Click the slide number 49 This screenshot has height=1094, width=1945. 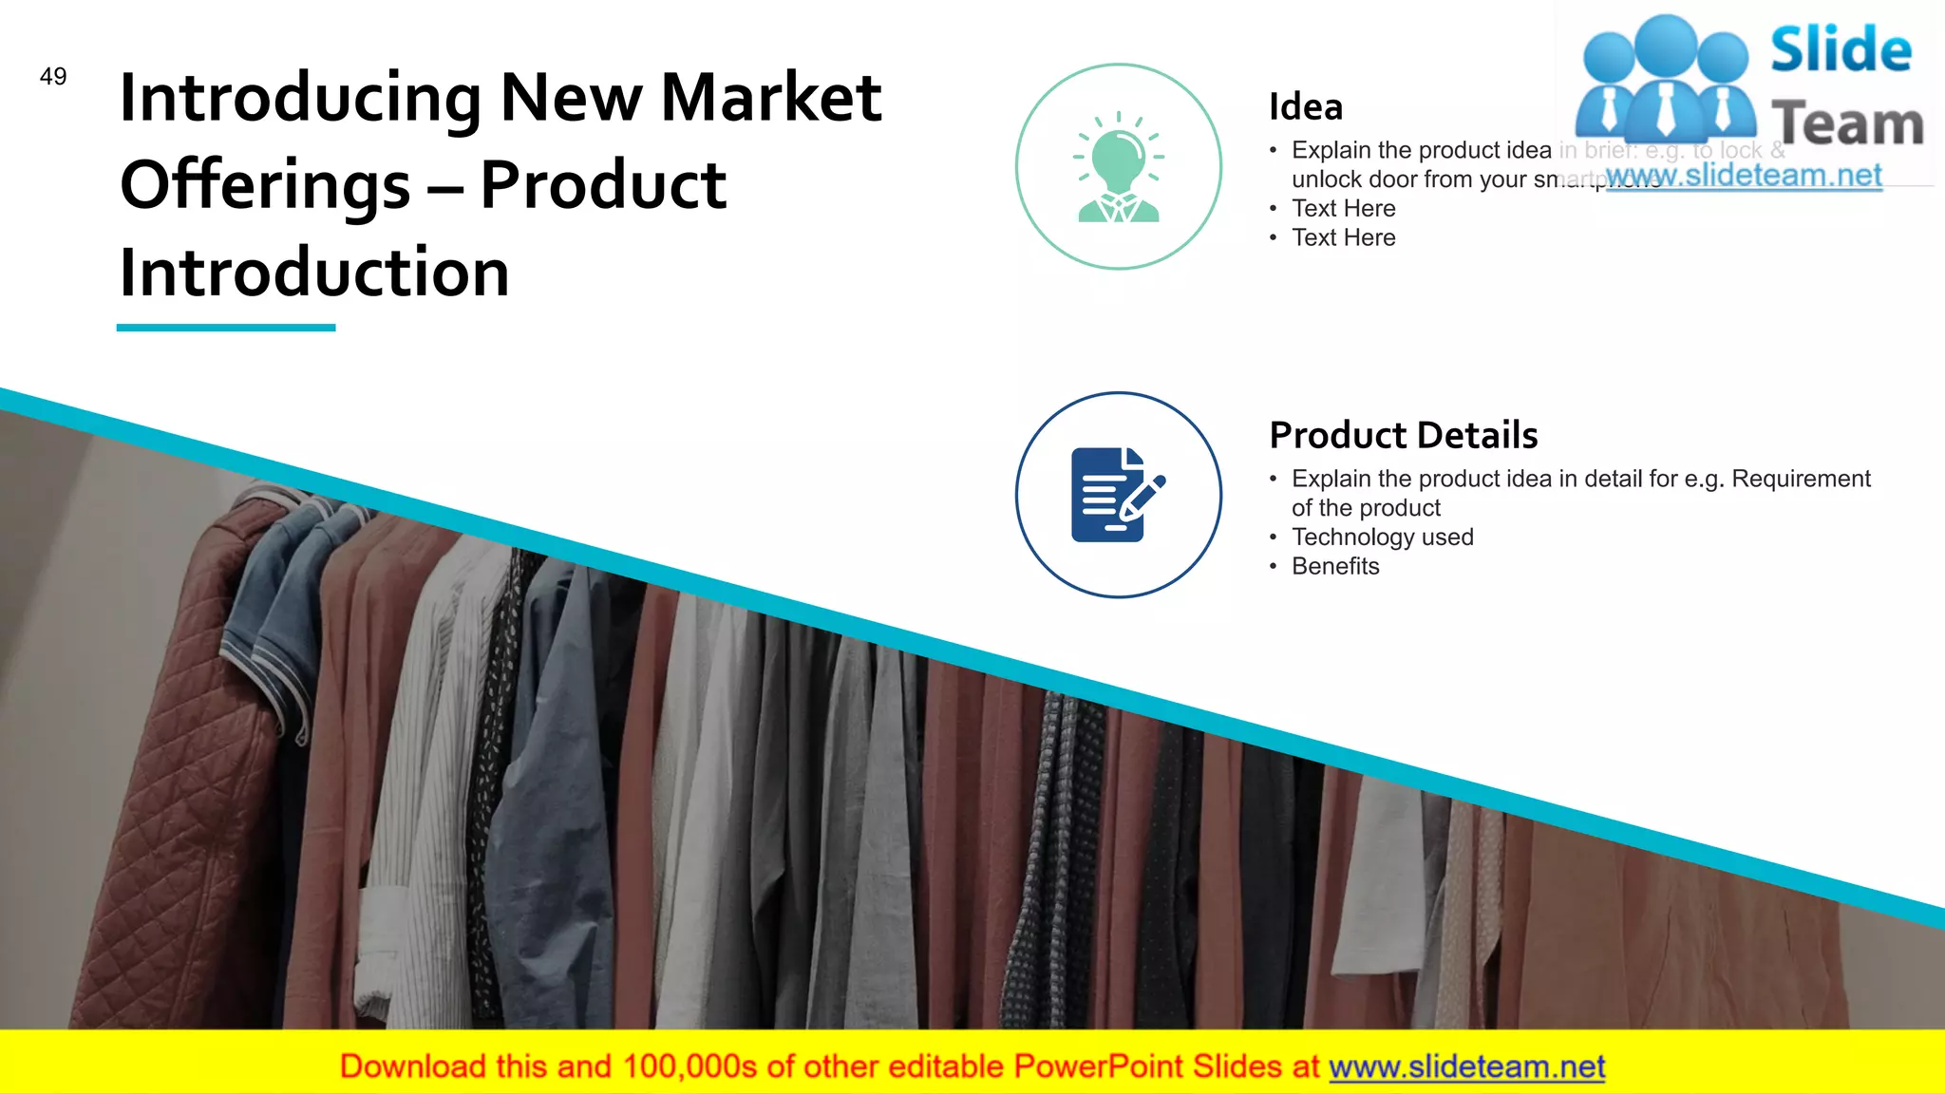[x=53, y=77]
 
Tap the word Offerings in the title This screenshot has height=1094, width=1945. [x=265, y=185]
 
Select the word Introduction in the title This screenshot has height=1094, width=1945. [x=314, y=273]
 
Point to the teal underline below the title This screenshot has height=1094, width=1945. [x=226, y=328]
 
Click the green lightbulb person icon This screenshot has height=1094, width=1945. [x=1119, y=167]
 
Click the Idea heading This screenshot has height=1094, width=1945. [x=1306, y=107]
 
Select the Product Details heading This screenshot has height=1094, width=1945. [x=1403, y=435]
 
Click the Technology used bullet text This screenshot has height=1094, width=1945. [x=1382, y=538]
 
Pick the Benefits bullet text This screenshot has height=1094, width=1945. [x=1335, y=567]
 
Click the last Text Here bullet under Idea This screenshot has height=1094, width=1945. [x=1343, y=238]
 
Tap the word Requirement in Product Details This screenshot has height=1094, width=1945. [x=1801, y=479]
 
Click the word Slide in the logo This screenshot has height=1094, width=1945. [x=1841, y=50]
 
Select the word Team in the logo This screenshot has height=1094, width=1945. [x=1847, y=124]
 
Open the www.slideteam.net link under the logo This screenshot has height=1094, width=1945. [x=1744, y=176]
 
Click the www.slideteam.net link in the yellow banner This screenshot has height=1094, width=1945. [x=1466, y=1067]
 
